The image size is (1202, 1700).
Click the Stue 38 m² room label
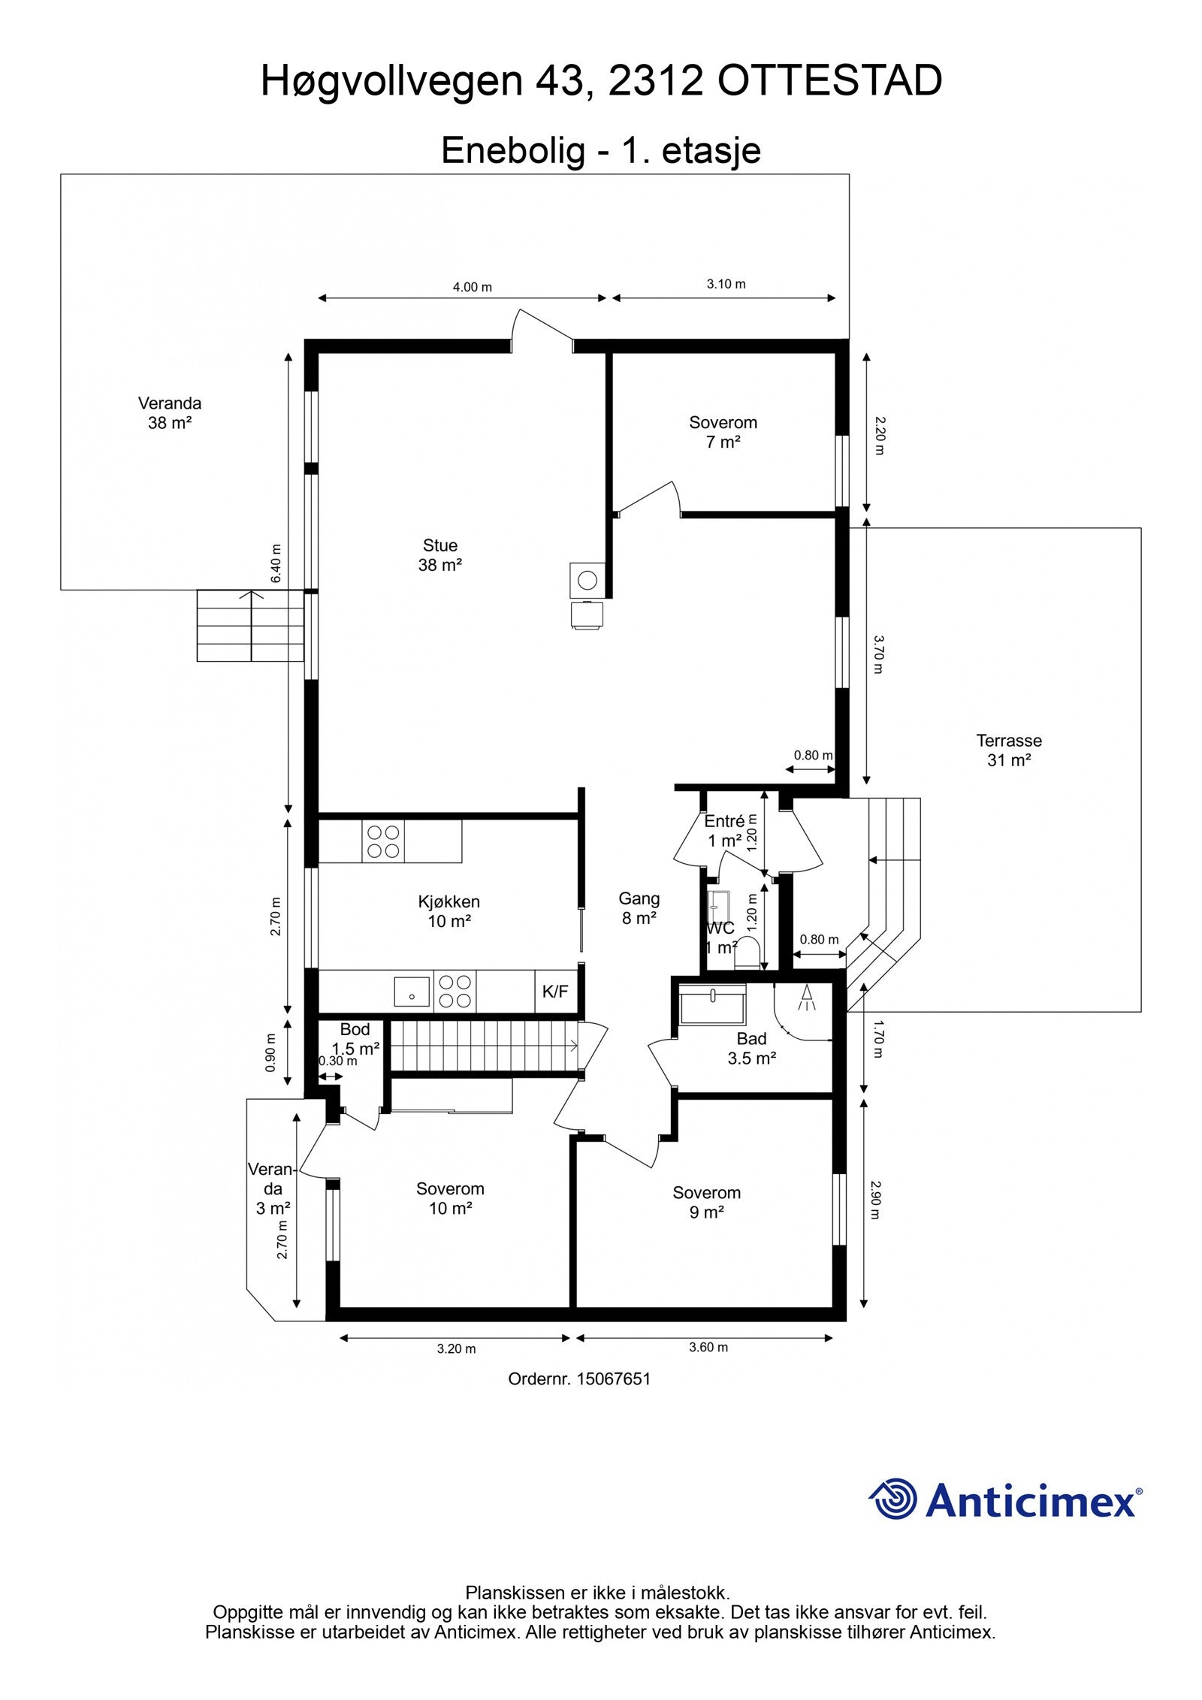tap(439, 555)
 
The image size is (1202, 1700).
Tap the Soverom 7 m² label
tap(723, 432)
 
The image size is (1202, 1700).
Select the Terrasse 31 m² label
tap(1009, 750)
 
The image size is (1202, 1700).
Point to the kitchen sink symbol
tap(412, 992)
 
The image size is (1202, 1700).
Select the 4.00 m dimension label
tap(472, 287)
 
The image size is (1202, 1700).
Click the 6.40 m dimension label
tap(276, 563)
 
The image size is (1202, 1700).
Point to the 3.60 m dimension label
tap(708, 1347)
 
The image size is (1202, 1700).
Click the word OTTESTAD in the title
tap(829, 81)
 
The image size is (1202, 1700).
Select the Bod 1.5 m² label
tap(355, 1039)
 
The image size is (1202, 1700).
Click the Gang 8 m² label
tap(639, 907)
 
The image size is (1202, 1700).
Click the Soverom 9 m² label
tap(706, 1202)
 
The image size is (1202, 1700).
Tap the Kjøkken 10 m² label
tap(449, 911)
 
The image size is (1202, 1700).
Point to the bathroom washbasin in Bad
tap(712, 1004)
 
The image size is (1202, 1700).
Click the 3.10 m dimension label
tap(726, 284)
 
